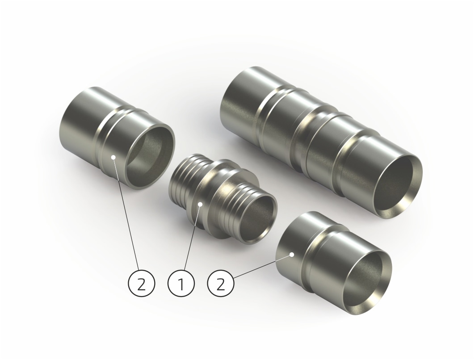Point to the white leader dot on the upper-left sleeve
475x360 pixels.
pos(113,157)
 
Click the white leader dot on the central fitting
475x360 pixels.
pos(200,205)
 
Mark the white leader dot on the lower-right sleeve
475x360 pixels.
pos(292,255)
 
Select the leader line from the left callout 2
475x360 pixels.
pos(126,213)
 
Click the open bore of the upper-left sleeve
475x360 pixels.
pos(150,157)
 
